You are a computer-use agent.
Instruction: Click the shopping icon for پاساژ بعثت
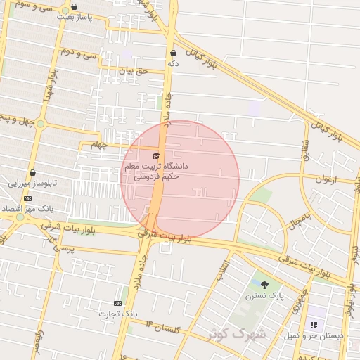click(74, 7)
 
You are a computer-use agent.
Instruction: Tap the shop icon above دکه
click(173, 53)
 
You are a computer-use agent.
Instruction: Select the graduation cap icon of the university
click(156, 155)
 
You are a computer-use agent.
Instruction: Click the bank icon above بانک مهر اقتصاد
click(27, 199)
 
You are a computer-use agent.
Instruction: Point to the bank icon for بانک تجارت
click(117, 303)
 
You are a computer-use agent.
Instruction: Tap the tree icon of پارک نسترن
click(264, 285)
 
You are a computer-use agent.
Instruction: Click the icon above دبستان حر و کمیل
click(314, 326)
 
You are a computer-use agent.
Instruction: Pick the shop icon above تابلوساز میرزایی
click(32, 173)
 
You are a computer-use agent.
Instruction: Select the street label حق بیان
click(134, 70)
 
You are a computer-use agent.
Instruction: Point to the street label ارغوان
click(326, 179)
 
